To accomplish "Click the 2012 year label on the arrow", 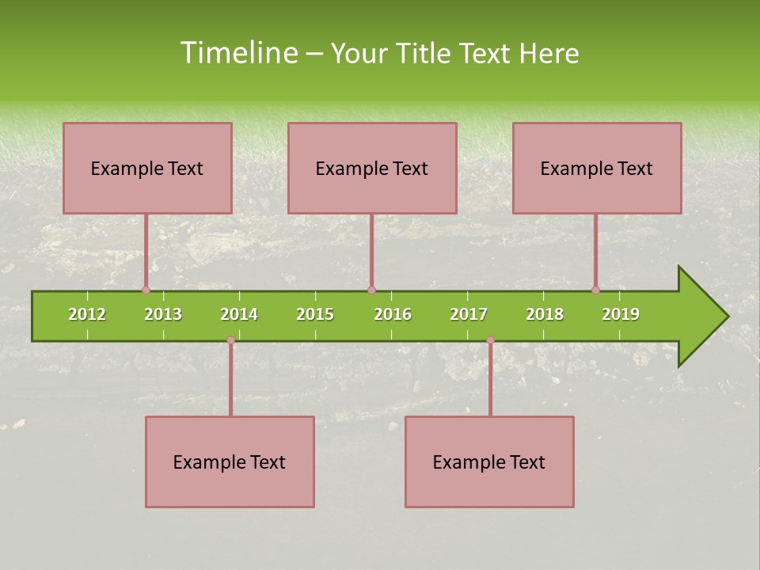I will [87, 314].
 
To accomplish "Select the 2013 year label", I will [163, 314].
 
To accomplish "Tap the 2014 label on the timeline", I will [239, 314].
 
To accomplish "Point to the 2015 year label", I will [315, 314].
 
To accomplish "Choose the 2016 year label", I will [393, 314].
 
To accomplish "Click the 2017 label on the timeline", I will [469, 314].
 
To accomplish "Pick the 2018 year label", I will [545, 314].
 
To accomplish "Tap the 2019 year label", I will [621, 314].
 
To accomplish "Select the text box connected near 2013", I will [147, 168].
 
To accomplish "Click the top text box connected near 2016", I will [372, 168].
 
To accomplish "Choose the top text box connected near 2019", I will [597, 168].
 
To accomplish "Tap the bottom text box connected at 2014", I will [230, 462].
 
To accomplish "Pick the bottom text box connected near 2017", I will [489, 462].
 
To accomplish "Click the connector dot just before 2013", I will [146, 290].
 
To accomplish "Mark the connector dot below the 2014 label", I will [230, 340].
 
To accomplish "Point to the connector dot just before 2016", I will [371, 290].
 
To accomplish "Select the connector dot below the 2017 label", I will [490, 340].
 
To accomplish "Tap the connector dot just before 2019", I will [595, 290].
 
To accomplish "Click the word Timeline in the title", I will [237, 53].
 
